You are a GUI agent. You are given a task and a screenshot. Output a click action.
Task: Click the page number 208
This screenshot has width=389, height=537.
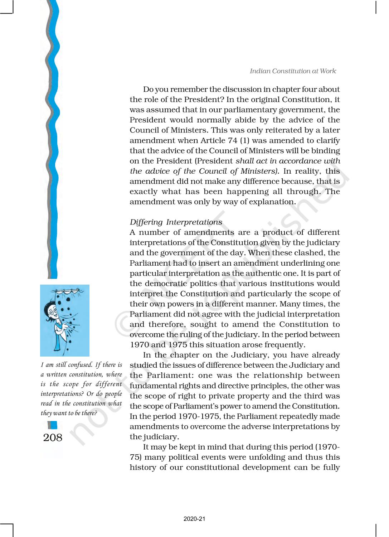click(x=53, y=437)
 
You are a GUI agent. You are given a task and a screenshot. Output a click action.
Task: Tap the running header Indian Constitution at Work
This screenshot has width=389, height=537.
click(x=293, y=71)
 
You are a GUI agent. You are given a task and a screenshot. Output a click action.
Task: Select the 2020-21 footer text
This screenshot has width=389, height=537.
click(x=194, y=519)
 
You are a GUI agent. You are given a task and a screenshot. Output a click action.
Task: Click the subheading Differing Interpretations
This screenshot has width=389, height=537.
click(x=176, y=222)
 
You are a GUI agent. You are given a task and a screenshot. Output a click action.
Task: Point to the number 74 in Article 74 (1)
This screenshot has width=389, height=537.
click(x=233, y=140)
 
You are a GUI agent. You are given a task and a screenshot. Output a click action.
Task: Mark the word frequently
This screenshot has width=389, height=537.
click(x=285, y=345)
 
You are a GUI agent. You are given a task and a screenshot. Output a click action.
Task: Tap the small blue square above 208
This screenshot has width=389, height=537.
click(x=52, y=425)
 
